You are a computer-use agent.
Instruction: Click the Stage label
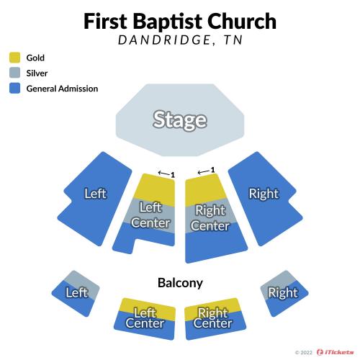point(180,120)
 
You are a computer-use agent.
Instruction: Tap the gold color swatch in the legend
point(14,58)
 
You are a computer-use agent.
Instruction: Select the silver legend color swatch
point(14,73)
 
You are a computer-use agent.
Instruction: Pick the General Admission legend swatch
point(14,89)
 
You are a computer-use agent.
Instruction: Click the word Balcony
point(180,283)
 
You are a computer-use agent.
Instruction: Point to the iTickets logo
point(335,352)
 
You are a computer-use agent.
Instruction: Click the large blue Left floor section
point(95,199)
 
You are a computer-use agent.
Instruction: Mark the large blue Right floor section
point(265,199)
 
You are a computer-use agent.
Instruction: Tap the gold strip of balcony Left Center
point(146,307)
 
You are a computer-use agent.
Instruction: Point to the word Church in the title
point(242,22)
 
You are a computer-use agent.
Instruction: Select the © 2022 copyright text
point(304,352)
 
